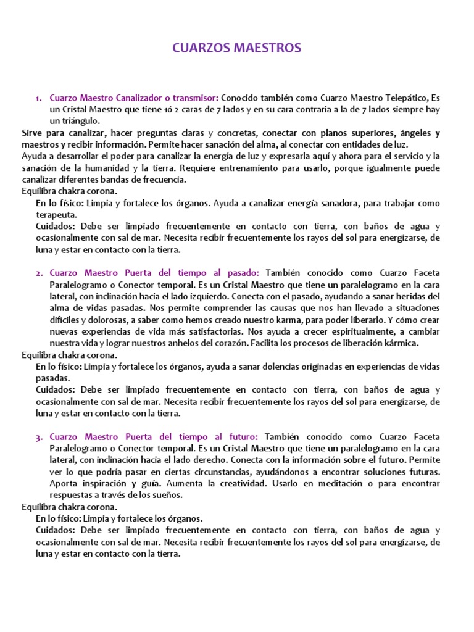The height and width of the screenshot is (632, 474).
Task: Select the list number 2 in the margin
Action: (x=38, y=273)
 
